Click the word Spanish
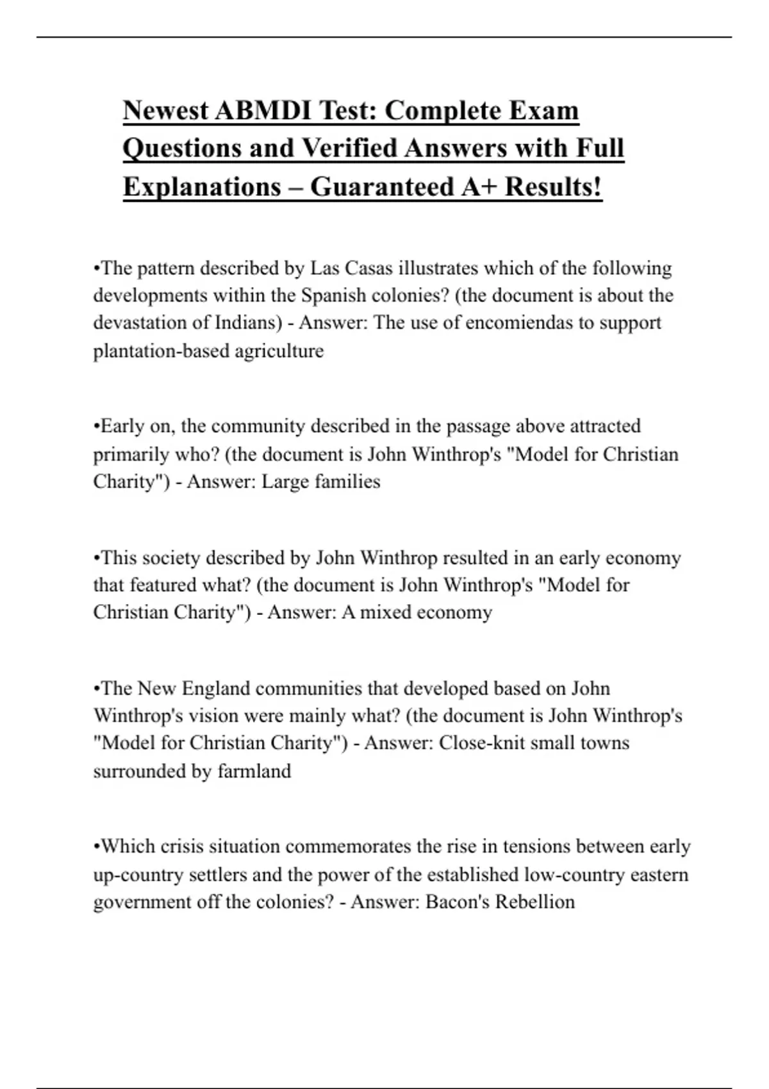[x=334, y=295]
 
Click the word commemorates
[x=348, y=847]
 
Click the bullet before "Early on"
[x=97, y=427]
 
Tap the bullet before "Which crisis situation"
[x=97, y=847]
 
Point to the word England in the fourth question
[x=213, y=689]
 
